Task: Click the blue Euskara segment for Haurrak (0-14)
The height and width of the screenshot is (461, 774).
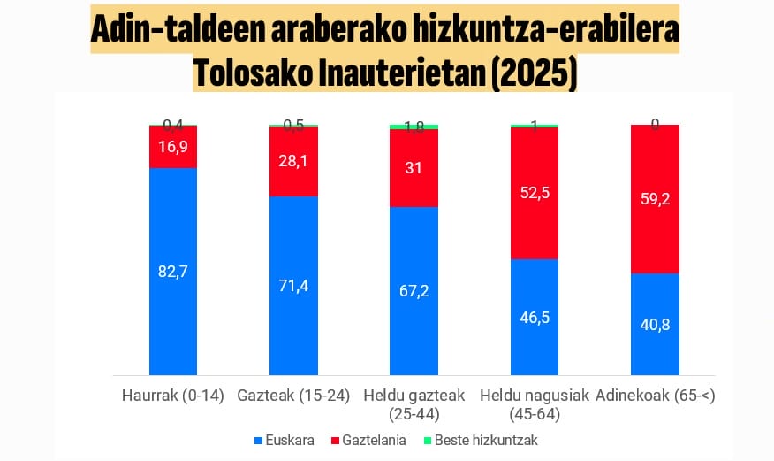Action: coord(173,301)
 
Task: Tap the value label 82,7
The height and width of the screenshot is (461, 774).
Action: coord(173,272)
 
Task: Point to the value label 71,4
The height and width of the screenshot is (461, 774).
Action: coord(293,286)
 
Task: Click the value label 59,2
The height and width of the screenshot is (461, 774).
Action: coord(655,199)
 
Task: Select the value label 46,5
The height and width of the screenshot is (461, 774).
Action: coord(535,317)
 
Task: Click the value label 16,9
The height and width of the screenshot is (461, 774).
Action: coord(173,147)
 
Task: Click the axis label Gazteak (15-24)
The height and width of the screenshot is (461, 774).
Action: coord(293,396)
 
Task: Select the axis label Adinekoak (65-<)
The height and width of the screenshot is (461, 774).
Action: coord(655,396)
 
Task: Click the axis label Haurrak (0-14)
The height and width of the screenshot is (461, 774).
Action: coord(173,396)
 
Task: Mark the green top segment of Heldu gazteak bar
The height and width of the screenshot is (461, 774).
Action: coord(414,127)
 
